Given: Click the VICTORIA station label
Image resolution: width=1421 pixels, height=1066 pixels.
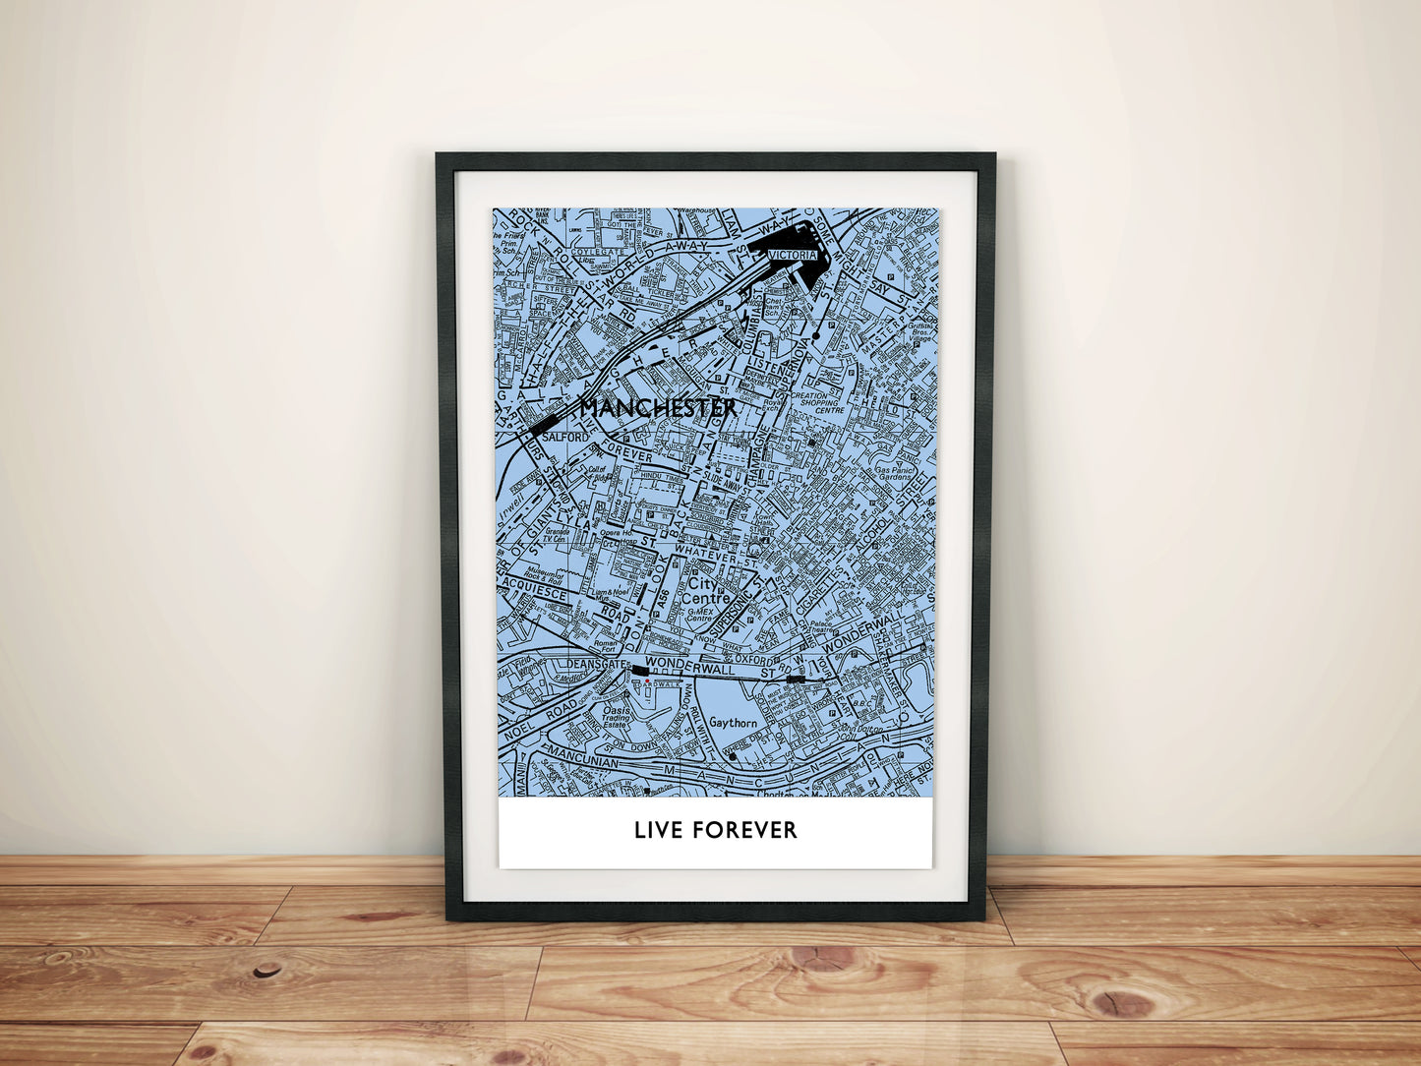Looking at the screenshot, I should pyautogui.click(x=792, y=256).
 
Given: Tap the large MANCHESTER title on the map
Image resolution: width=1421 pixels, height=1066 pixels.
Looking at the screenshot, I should pyautogui.click(x=658, y=407).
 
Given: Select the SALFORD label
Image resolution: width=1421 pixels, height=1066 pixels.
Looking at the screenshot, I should pyautogui.click(x=565, y=437).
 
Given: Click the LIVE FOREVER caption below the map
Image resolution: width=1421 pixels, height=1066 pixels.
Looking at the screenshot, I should pyautogui.click(x=715, y=830).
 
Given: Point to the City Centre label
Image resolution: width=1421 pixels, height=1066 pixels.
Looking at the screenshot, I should pyautogui.click(x=708, y=591).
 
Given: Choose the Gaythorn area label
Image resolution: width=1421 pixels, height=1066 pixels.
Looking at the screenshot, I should pyautogui.click(x=733, y=723).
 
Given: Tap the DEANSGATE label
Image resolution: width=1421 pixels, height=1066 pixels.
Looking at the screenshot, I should pyautogui.click(x=589, y=665).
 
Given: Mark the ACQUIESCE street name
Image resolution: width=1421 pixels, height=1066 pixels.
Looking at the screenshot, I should pyautogui.click(x=534, y=593).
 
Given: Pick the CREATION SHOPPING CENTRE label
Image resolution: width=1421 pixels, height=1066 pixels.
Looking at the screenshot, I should pyautogui.click(x=815, y=402).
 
